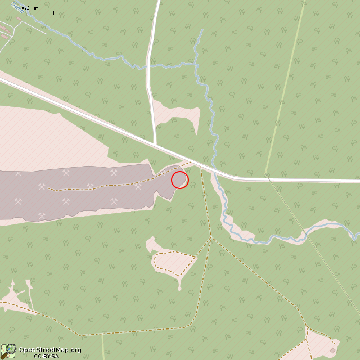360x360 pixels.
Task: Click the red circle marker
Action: point(179,180)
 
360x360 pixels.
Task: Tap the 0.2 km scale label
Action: point(30,8)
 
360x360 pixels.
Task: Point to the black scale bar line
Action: point(30,13)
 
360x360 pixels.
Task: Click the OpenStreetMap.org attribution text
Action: point(50,350)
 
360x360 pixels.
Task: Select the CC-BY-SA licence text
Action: point(46,356)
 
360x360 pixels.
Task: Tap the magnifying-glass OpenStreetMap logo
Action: point(8,350)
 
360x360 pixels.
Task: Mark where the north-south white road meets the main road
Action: point(155,145)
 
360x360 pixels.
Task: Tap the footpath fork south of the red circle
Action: point(211,237)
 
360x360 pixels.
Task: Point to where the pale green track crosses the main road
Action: point(267,179)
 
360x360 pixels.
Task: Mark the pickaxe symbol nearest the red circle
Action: point(138,187)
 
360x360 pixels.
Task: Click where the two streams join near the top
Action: point(196,65)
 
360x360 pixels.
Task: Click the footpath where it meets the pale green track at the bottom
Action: point(102,335)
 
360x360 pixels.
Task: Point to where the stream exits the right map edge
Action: point(358,235)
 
